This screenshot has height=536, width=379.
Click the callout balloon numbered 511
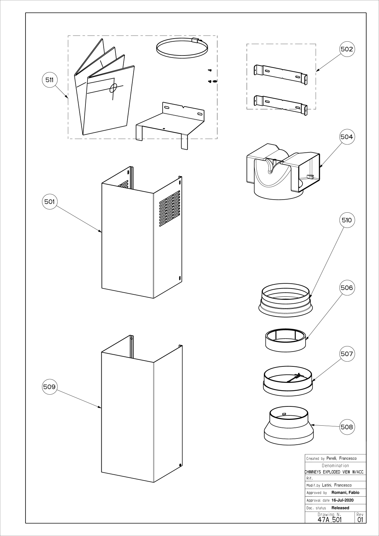pos(50,80)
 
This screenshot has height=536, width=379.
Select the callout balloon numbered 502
pos(347,49)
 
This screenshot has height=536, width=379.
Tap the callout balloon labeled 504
pos(347,137)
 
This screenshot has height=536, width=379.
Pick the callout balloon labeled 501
pos(50,202)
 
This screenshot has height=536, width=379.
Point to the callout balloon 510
pos(347,220)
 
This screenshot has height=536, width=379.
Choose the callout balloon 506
pos(347,287)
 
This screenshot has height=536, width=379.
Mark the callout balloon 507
pos(347,354)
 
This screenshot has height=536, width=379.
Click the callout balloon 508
pos(347,427)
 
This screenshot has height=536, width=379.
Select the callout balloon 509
pos(50,387)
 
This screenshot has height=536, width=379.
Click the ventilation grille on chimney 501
pos(170,209)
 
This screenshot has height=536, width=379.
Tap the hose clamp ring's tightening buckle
pos(196,40)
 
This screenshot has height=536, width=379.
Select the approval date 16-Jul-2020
pos(342,500)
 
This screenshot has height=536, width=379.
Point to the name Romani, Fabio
pos(345,493)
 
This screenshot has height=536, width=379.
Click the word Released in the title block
pos(340,508)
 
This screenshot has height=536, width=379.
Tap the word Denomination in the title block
pos(335,466)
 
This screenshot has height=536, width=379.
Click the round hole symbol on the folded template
pos(113,88)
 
